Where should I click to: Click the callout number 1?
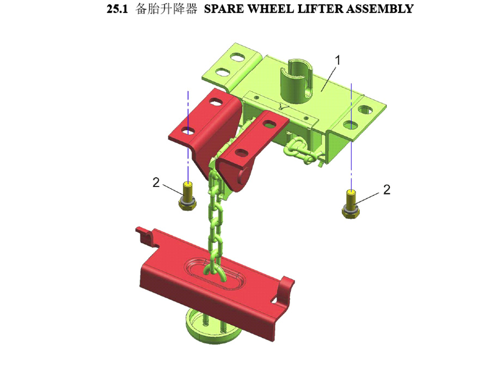(337, 60)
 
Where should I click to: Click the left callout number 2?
(156, 182)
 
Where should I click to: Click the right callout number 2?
(387, 190)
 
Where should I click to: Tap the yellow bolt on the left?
(187, 196)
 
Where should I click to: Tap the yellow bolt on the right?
(351, 204)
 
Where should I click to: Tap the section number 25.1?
(117, 9)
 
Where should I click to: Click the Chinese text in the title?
(166, 9)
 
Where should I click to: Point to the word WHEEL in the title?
(270, 9)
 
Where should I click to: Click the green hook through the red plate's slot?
(215, 272)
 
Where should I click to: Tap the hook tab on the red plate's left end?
(146, 235)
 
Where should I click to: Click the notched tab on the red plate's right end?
(285, 291)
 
